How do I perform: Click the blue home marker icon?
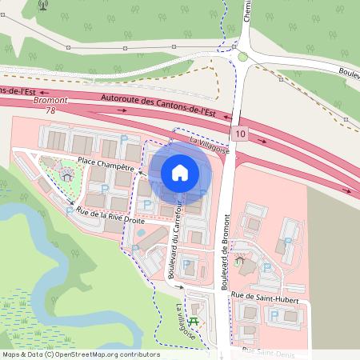tap(180, 173)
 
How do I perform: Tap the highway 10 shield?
tap(241, 133)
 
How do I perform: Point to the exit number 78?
tap(51, 110)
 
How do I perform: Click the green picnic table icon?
tap(198, 323)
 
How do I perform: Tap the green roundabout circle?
tap(242, 57)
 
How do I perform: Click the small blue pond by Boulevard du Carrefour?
tap(142, 232)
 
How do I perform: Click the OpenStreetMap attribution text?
tap(80, 354)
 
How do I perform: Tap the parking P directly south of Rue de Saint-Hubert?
tap(274, 317)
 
